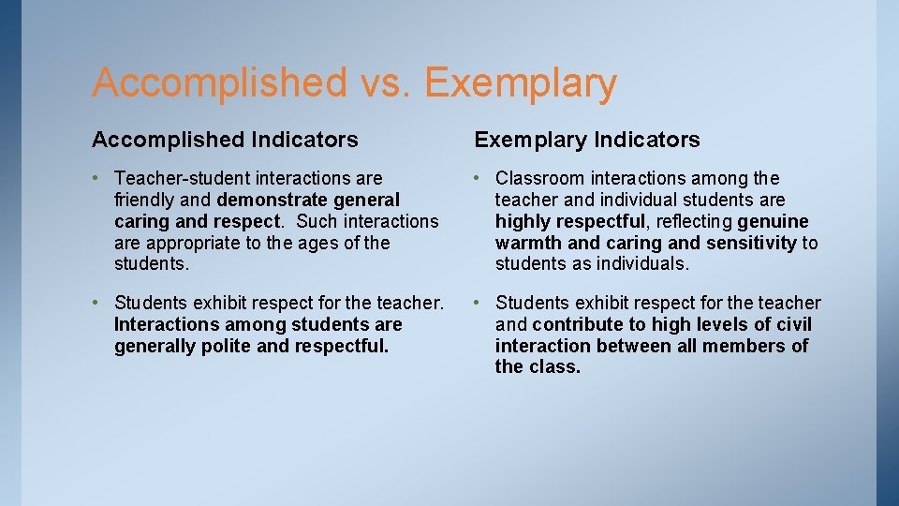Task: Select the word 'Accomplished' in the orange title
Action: [x=219, y=82]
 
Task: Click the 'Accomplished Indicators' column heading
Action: [x=225, y=140]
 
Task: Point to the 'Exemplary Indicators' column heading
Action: [x=587, y=140]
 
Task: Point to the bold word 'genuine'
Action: [x=773, y=221]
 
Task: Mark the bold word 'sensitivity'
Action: [x=748, y=243]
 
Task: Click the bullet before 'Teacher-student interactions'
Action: [x=97, y=178]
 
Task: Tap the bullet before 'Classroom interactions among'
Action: [x=479, y=178]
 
